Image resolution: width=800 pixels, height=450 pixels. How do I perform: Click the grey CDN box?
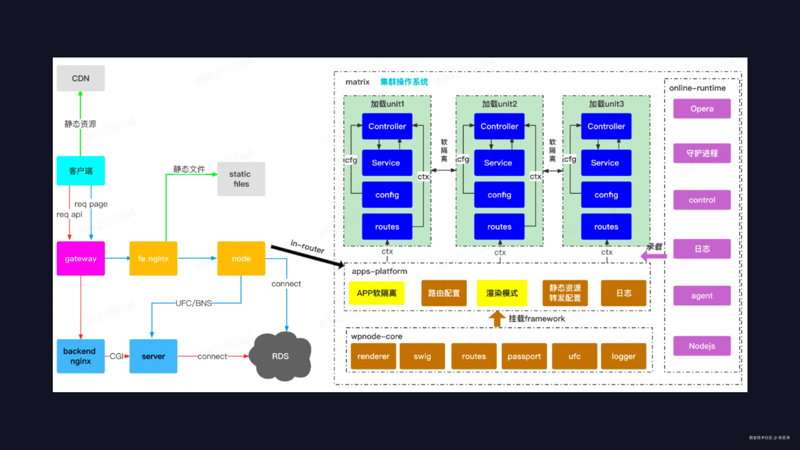[x=80, y=78]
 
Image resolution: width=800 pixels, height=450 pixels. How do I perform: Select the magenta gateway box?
[x=80, y=258]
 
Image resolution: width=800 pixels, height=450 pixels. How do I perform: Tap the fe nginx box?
[x=153, y=258]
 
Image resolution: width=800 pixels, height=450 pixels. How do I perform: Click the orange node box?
[x=241, y=258]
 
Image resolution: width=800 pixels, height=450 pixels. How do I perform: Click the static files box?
[x=241, y=179]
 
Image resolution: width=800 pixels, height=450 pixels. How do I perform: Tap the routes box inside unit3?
[x=606, y=227]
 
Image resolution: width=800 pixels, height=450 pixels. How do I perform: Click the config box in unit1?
[x=387, y=195]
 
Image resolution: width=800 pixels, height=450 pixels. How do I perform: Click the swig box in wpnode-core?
[x=422, y=356]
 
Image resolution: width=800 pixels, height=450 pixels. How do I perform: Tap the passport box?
[x=524, y=356]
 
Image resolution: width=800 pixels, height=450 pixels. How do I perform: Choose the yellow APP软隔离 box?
[x=376, y=293]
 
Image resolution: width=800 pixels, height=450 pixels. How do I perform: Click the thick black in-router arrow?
[x=307, y=256]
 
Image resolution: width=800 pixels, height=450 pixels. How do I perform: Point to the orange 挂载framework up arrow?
[x=497, y=319]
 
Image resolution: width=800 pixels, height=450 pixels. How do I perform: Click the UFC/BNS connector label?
[x=193, y=303]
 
